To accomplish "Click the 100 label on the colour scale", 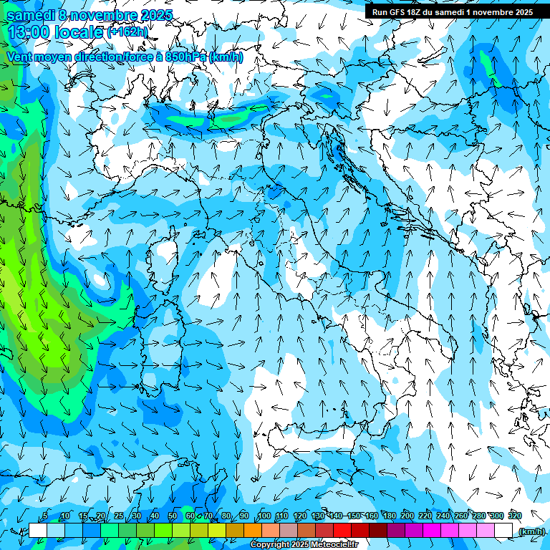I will [264, 516].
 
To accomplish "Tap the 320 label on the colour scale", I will [515, 516].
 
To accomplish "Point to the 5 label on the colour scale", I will [45, 516].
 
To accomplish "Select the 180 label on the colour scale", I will [390, 516].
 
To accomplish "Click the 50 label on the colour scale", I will [172, 516].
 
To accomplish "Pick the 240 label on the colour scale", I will [443, 516].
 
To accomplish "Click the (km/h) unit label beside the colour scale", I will [531, 531].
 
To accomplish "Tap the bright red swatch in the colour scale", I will [342, 531].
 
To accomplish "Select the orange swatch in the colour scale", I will [253, 531].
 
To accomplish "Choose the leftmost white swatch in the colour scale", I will [38, 531].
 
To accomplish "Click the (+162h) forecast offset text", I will [127, 32].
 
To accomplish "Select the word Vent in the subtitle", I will [21, 57].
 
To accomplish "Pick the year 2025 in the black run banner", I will [521, 12].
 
